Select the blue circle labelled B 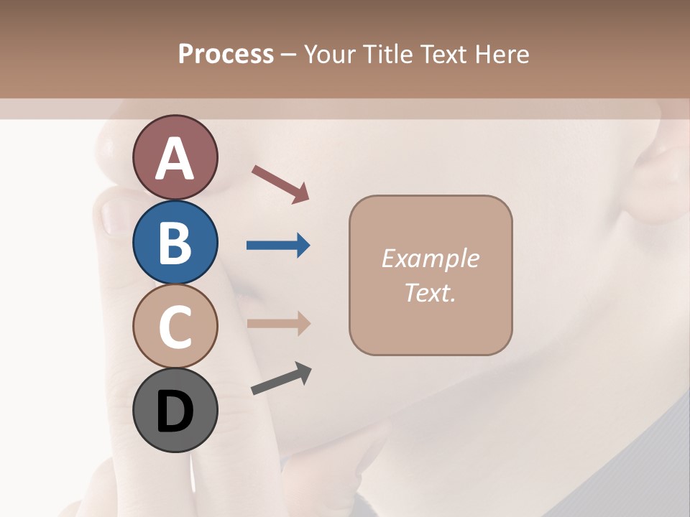(x=175, y=242)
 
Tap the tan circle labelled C (x=175, y=326)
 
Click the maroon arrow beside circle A (x=281, y=184)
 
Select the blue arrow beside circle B (x=278, y=246)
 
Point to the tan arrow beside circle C (x=278, y=323)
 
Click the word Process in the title (x=226, y=54)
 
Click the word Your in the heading (x=330, y=54)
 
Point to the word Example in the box (x=430, y=258)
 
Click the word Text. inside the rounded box (x=430, y=292)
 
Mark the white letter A (x=175, y=159)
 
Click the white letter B (x=175, y=242)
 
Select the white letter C (x=175, y=326)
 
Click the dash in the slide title (x=289, y=55)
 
